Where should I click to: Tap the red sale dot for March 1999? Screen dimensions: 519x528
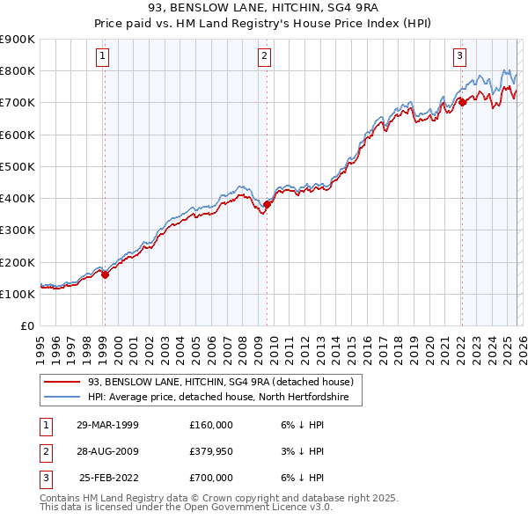105,274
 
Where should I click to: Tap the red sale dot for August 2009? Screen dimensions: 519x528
267,204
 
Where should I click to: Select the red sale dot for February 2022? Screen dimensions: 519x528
461,102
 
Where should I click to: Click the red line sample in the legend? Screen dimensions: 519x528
62,382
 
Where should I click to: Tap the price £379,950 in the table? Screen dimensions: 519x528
210,451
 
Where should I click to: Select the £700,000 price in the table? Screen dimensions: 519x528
210,478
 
